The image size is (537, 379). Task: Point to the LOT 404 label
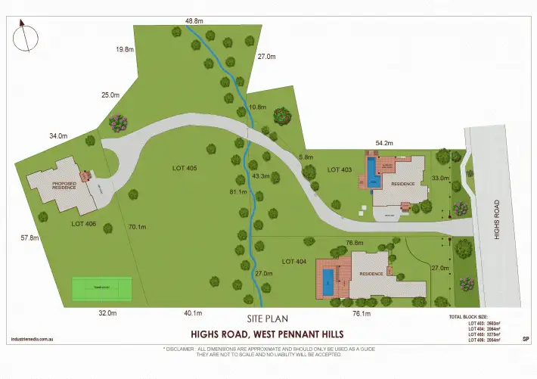coord(295,261)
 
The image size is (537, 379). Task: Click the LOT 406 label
coord(84,223)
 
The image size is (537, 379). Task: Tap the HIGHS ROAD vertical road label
coord(497,220)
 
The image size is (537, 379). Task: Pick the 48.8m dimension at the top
coord(194,21)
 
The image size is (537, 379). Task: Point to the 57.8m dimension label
coord(30,238)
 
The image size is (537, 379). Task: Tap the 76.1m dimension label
coord(362,312)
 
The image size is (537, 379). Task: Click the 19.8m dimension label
coord(125,49)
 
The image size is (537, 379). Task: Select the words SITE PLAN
coord(268,319)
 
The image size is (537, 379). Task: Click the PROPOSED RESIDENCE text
coord(64,185)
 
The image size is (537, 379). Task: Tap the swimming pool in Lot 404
coord(327,281)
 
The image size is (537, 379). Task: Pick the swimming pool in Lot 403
coord(371,166)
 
